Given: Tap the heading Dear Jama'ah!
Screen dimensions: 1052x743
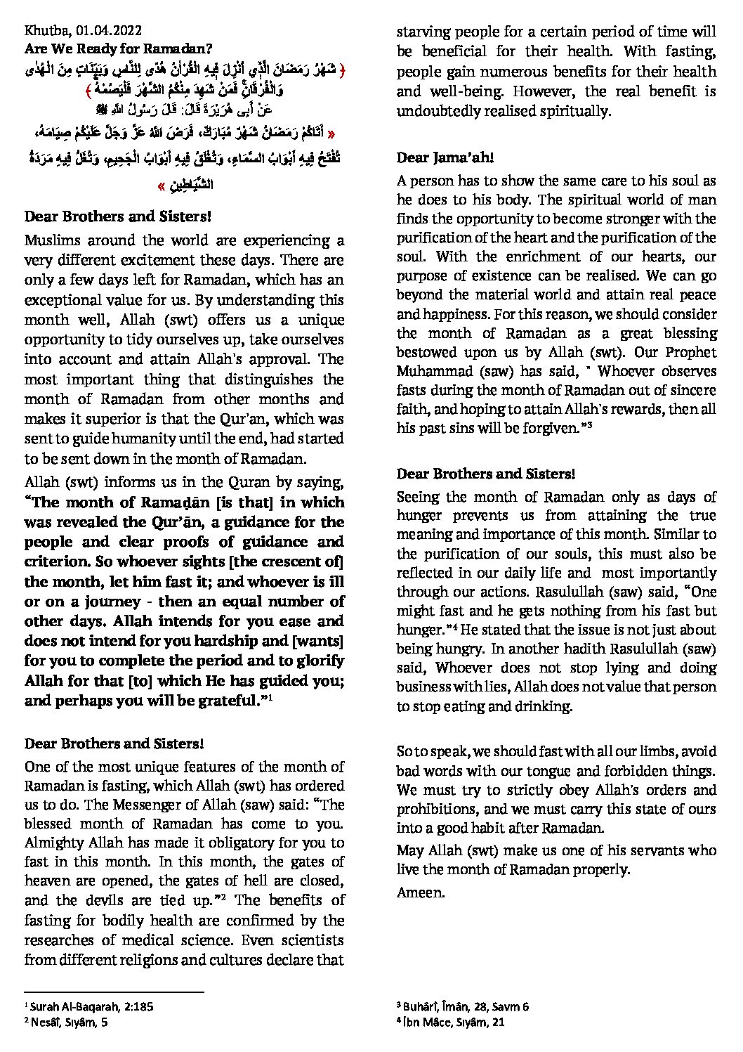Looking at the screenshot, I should (x=445, y=158).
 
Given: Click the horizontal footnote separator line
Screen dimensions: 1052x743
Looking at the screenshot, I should (x=114, y=992).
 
